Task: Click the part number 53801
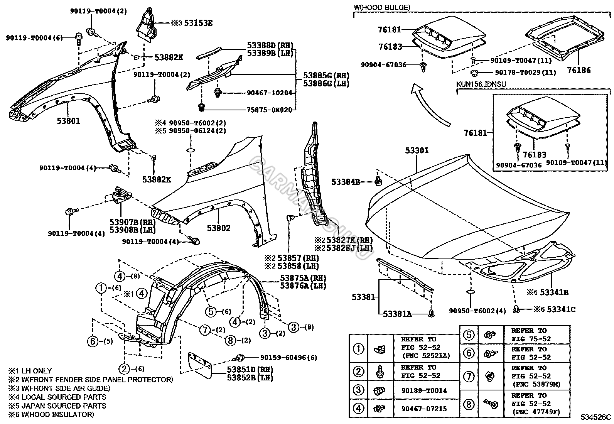coord(69,121)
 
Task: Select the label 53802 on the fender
coord(218,228)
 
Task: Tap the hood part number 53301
coord(417,150)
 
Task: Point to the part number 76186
coord(579,71)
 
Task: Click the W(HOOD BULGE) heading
coord(382,7)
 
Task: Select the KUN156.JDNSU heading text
coord(481,83)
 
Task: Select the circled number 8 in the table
coord(468,404)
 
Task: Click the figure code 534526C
coord(597,417)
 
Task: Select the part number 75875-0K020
coord(269,110)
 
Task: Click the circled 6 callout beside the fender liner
coord(93,341)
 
